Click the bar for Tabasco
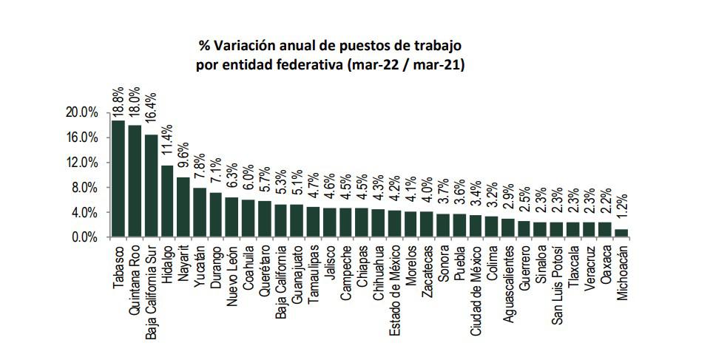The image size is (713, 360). pos(118,179)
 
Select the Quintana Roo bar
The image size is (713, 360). pos(135,181)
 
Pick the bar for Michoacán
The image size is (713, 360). pos(621,233)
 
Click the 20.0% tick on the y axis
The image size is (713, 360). pos(82,113)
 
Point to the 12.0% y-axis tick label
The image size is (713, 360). pos(82,163)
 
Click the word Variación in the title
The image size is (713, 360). pos(248,45)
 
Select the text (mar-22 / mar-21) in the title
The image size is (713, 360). pos(405,65)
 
